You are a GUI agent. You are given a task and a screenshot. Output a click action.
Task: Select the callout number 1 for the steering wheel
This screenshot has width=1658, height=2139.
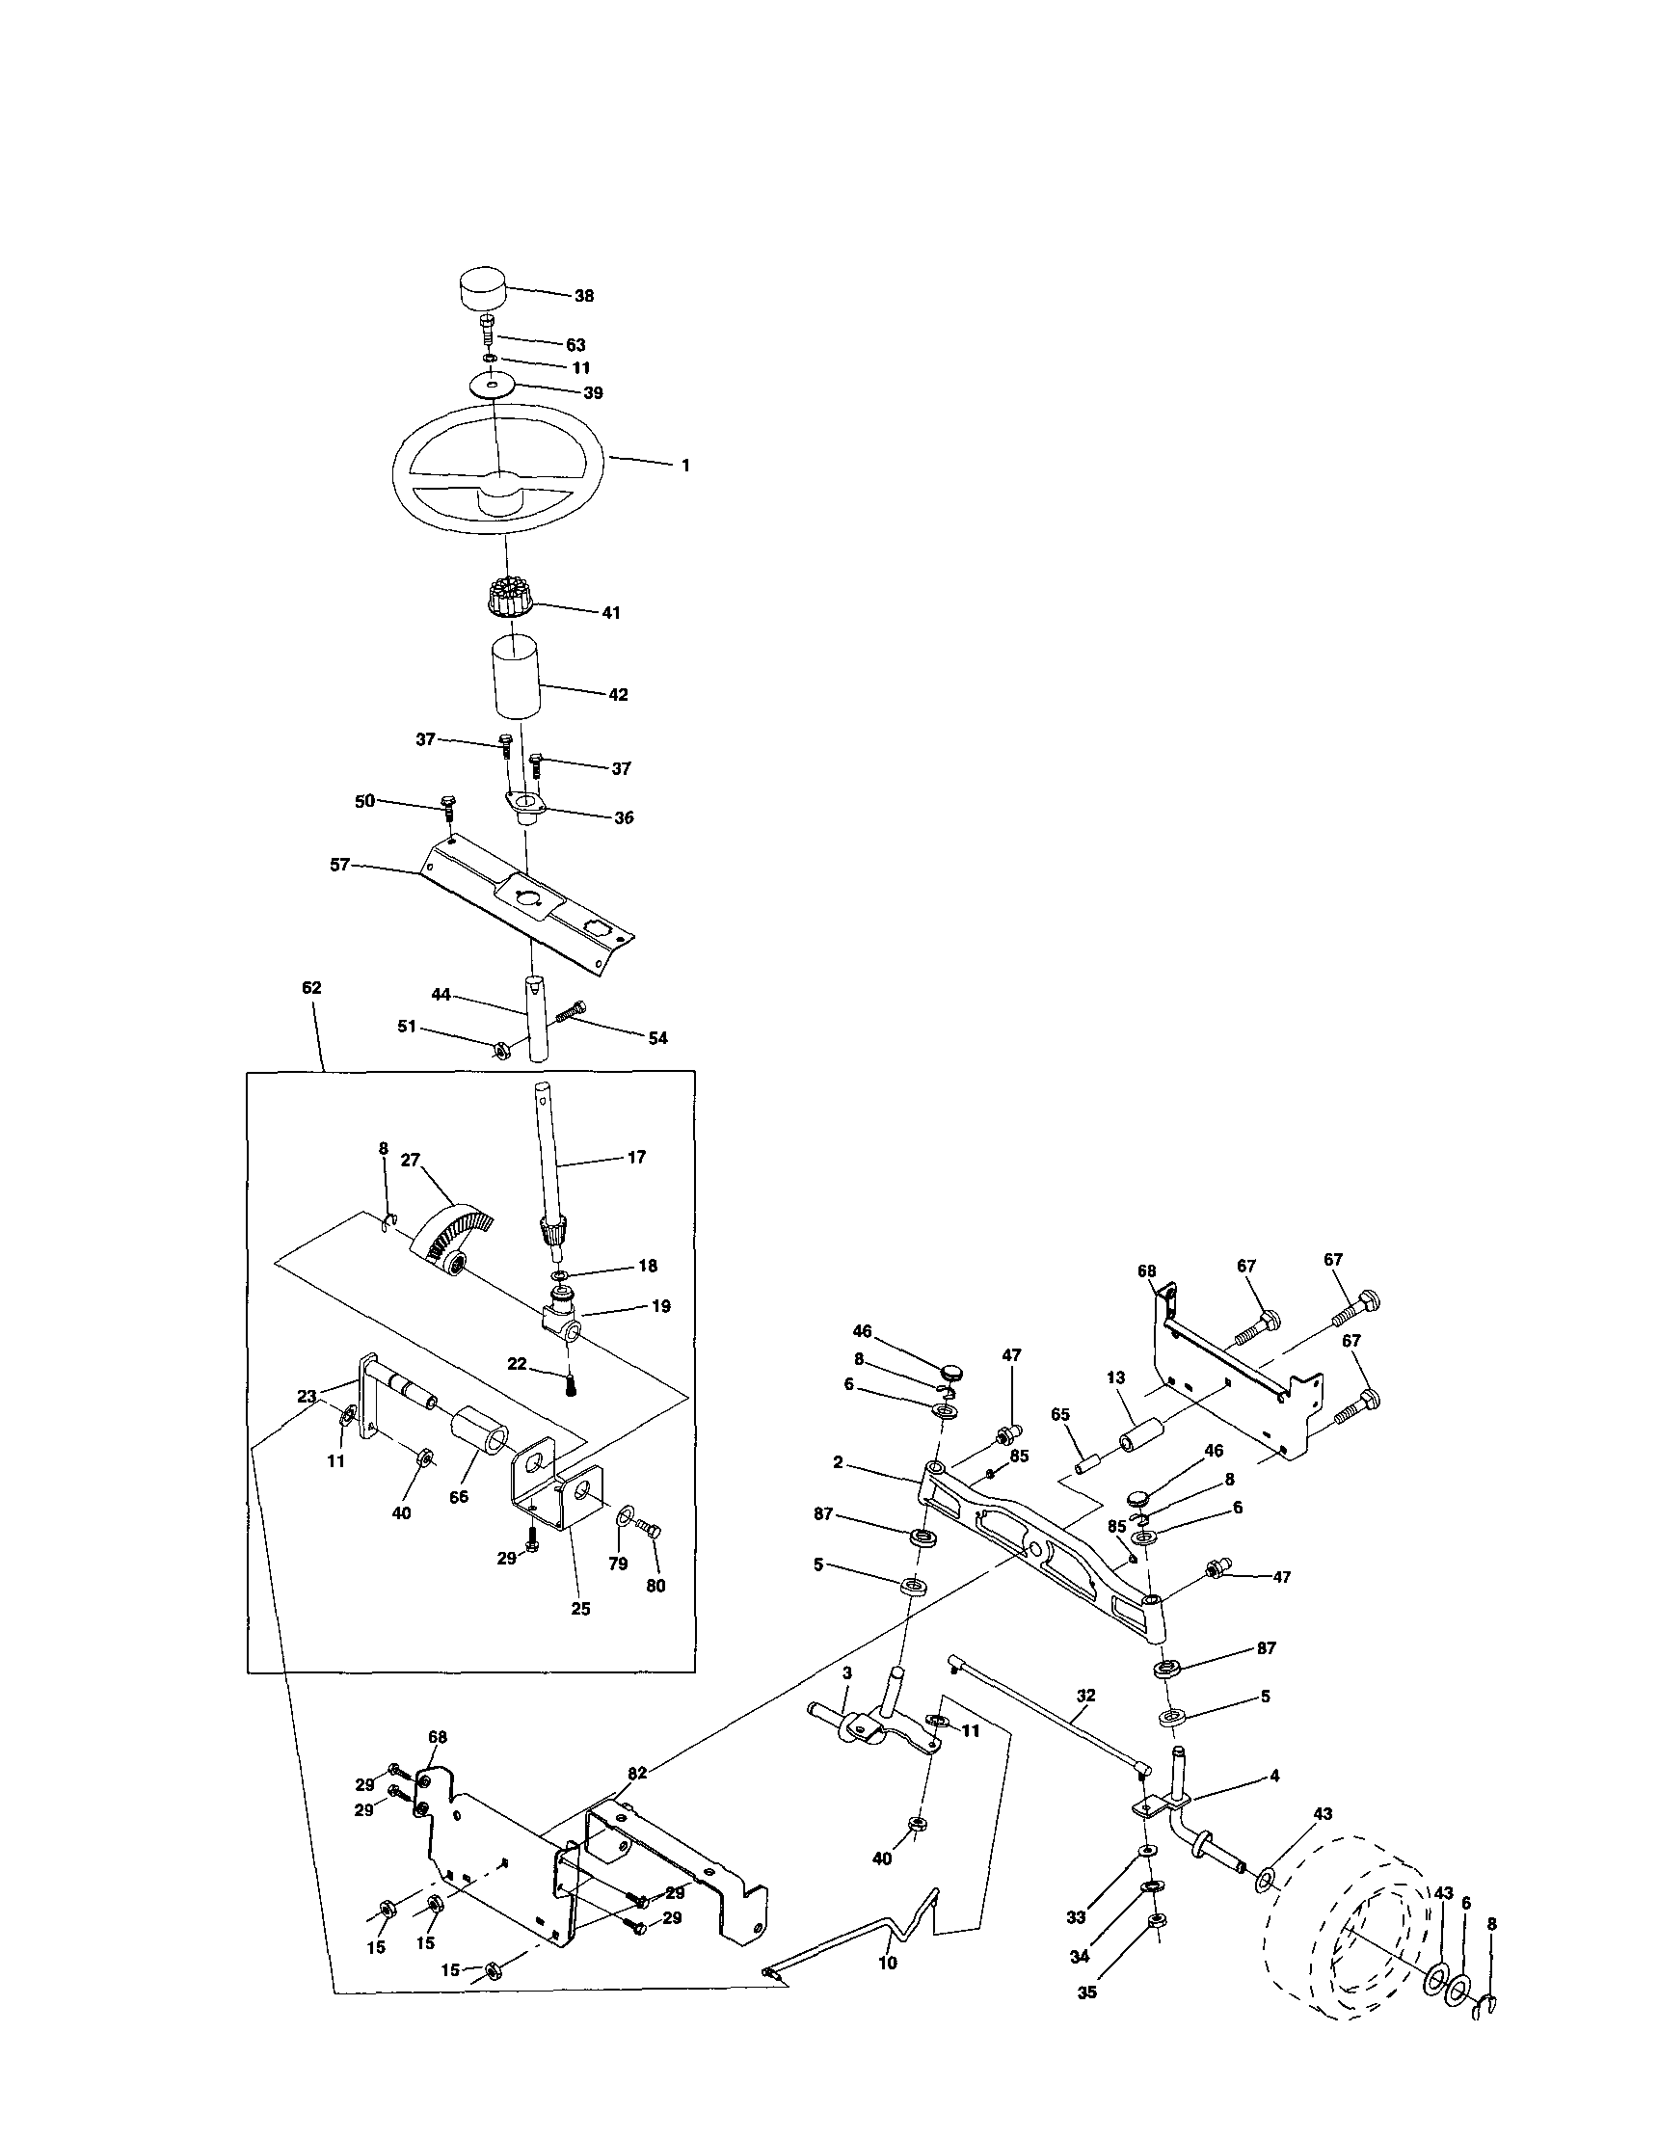(685, 467)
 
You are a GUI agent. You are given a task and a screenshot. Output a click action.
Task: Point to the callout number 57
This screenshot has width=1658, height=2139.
(340, 865)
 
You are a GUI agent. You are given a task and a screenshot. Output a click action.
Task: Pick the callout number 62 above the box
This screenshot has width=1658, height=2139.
(311, 988)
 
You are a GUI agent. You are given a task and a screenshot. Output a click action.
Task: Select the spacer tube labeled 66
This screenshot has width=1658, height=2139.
(481, 1445)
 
